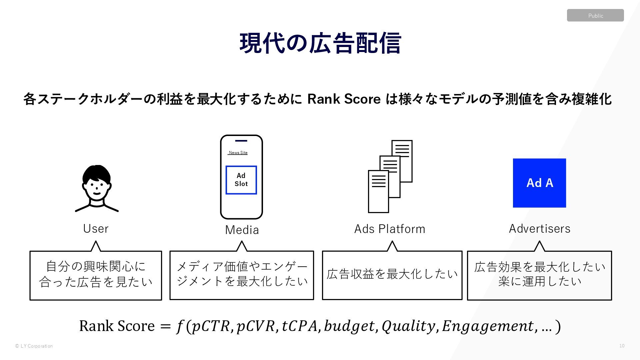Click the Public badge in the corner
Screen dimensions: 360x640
click(x=595, y=15)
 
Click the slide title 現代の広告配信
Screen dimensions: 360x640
click(x=320, y=43)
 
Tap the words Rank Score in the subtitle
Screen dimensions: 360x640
click(x=344, y=99)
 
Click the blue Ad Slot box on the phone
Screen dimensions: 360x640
click(x=241, y=180)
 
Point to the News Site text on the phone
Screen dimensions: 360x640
click(x=238, y=153)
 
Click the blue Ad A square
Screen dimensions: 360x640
click(x=539, y=183)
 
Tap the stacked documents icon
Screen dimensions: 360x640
click(x=390, y=176)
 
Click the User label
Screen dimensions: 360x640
click(x=96, y=229)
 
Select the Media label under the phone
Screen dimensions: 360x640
click(x=242, y=230)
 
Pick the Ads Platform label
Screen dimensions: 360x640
click(x=390, y=229)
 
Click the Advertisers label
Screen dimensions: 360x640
click(x=539, y=229)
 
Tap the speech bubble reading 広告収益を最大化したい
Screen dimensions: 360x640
click(x=392, y=275)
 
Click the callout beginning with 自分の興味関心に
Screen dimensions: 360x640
click(x=96, y=275)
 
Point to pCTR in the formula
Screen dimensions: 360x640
click(x=211, y=326)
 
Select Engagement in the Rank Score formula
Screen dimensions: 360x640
click(x=488, y=326)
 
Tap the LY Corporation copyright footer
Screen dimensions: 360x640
click(x=34, y=346)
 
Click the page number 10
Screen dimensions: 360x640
click(x=622, y=346)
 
